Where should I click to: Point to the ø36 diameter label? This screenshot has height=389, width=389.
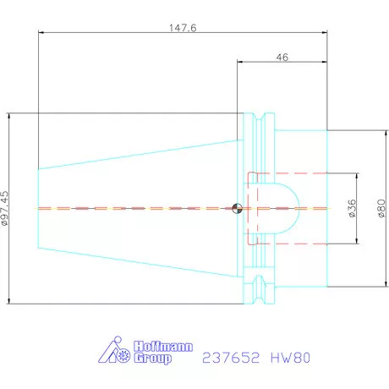pyautogui.click(x=351, y=208)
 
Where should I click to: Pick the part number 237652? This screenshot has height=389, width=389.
pyautogui.click(x=233, y=358)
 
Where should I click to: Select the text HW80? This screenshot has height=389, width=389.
pyautogui.click(x=291, y=358)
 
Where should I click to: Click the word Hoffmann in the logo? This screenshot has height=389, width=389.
pyautogui.click(x=163, y=347)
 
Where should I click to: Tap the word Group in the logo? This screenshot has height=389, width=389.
pyautogui.click(x=154, y=359)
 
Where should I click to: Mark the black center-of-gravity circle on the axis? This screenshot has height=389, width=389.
pyautogui.click(x=238, y=208)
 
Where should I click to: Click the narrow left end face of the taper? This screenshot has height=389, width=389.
pyautogui.click(x=38, y=208)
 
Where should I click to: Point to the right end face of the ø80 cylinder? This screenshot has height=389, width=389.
pyautogui.click(x=326, y=208)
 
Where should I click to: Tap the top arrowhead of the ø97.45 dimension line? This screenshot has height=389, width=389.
pyautogui.click(x=8, y=115)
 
